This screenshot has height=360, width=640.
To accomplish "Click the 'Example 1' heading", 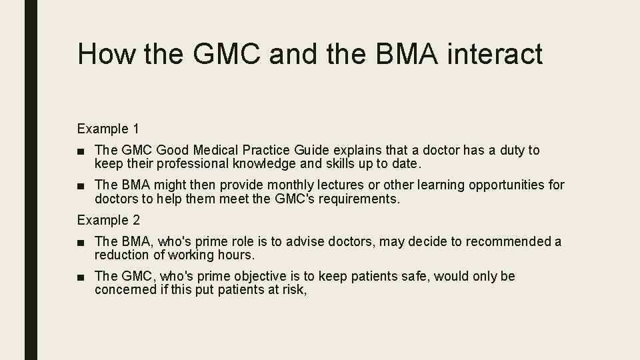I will pyautogui.click(x=108, y=128).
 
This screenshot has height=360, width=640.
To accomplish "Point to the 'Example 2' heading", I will pyautogui.click(x=108, y=219).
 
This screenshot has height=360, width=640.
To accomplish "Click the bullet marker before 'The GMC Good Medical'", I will pyautogui.click(x=81, y=151).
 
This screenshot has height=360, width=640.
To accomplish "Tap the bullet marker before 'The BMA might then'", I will pyautogui.click(x=81, y=185).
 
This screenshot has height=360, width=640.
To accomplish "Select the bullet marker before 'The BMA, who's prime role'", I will pyautogui.click(x=81, y=242).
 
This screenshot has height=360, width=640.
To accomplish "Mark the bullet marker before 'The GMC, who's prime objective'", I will pyautogui.click(x=81, y=277).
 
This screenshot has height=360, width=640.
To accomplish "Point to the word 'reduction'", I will pyautogui.click(x=121, y=255).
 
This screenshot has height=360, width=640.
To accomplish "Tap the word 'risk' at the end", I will pyautogui.click(x=295, y=289).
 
